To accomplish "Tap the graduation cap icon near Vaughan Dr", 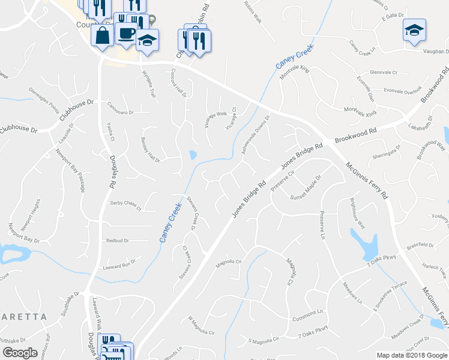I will [414, 30].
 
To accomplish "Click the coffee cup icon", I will [126, 33].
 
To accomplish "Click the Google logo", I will [20, 353].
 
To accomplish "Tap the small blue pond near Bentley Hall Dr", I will [193, 155].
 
